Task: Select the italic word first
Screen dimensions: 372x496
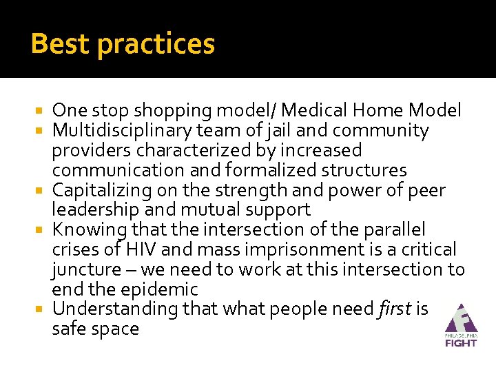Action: pyautogui.click(x=395, y=309)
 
